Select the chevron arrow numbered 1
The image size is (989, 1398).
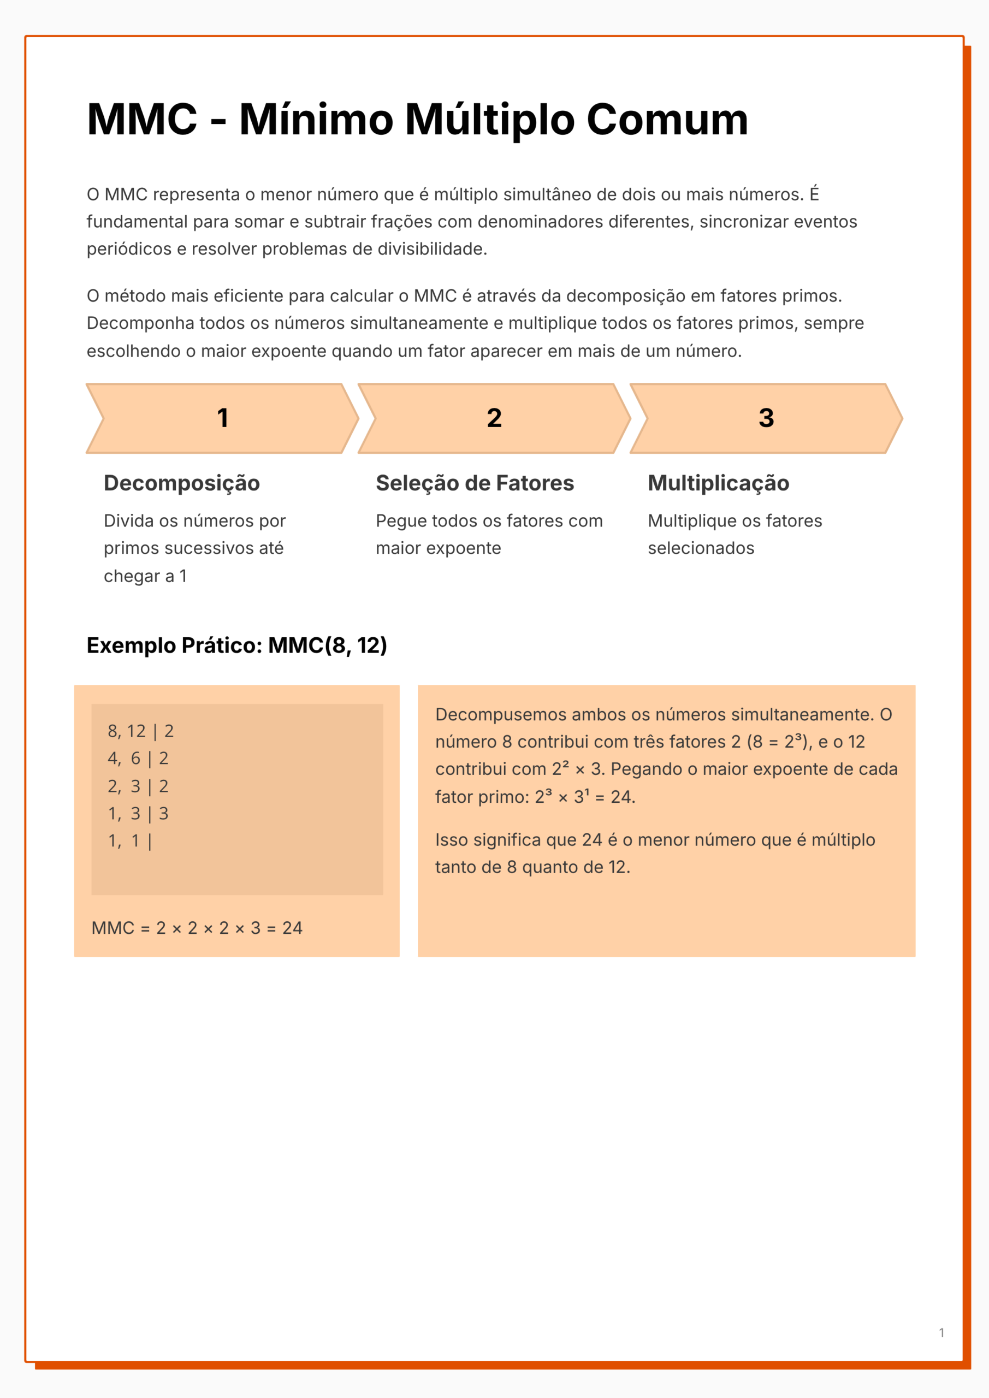point(222,418)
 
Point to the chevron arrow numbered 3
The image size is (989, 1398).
point(766,418)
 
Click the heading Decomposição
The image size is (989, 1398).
point(181,483)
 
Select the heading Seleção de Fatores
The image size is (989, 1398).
point(475,483)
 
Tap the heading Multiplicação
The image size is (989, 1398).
point(718,483)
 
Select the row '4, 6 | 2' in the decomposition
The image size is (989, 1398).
point(138,758)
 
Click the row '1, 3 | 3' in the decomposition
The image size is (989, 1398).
point(138,814)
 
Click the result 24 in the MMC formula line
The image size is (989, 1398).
point(292,928)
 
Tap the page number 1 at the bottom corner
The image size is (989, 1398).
point(941,1332)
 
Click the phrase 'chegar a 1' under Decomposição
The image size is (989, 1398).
point(145,576)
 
